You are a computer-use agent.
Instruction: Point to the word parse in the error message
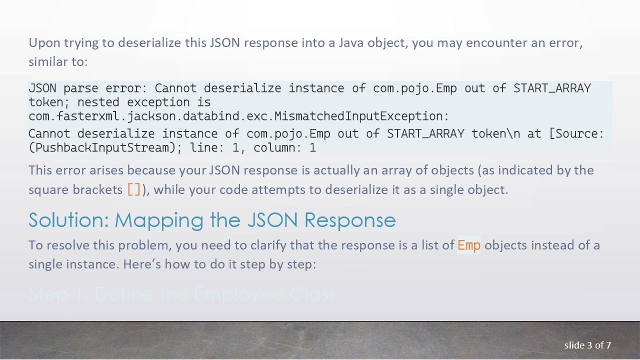click(x=80, y=88)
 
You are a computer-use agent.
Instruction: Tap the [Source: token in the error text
click(x=576, y=134)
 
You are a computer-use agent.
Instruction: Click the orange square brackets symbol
click(x=134, y=189)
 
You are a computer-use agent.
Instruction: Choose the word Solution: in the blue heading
click(x=68, y=220)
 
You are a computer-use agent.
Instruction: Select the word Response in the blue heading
click(x=349, y=220)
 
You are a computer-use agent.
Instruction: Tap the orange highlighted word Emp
click(x=469, y=245)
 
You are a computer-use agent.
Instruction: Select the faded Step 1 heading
click(x=181, y=294)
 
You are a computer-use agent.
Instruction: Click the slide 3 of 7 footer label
click(x=587, y=345)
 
